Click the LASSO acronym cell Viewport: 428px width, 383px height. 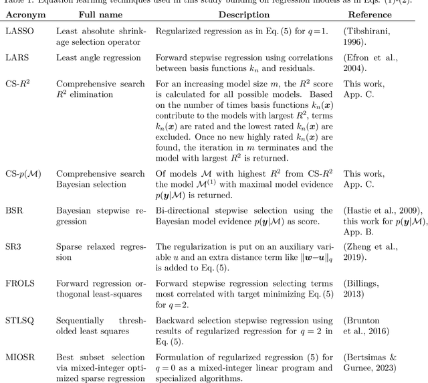click(21, 31)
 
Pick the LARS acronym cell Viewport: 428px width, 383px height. click(19, 58)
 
